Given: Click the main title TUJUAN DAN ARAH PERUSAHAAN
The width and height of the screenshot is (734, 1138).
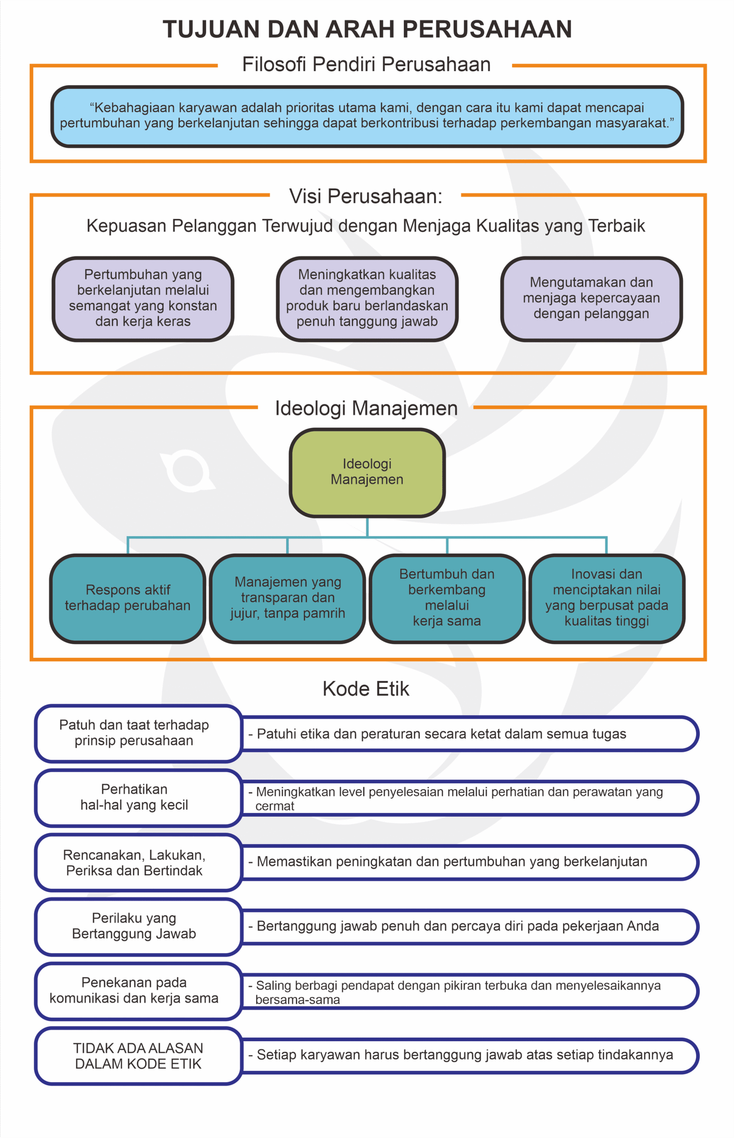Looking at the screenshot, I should click(367, 29).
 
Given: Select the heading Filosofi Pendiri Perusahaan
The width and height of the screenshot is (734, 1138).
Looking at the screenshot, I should click(366, 64).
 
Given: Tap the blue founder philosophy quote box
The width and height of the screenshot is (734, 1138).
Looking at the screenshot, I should click(367, 116).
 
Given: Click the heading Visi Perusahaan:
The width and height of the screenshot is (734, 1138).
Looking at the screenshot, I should click(366, 196).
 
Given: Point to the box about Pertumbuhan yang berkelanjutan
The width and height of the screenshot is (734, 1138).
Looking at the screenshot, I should click(143, 298).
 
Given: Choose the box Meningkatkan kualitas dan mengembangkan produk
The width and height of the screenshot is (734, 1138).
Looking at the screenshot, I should click(367, 298).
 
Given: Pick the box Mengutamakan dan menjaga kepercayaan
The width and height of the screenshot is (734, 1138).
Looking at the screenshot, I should click(591, 298).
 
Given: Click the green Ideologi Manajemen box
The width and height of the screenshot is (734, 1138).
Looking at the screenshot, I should click(367, 472).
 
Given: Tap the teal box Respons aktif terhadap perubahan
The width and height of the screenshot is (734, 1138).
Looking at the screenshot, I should click(128, 598).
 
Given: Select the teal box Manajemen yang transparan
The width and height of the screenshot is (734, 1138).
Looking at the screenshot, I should click(287, 598).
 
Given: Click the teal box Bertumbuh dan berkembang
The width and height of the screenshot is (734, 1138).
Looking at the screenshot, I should click(447, 598).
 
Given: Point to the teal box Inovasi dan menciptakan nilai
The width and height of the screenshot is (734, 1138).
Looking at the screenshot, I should click(607, 598).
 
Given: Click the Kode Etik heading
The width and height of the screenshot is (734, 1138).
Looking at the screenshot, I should click(366, 689).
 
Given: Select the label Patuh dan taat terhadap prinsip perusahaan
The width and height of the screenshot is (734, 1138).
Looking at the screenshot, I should click(134, 733).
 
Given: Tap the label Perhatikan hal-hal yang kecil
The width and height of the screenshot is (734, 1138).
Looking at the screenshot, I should click(134, 797).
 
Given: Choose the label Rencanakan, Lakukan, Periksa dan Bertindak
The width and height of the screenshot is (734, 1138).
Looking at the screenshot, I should click(134, 862).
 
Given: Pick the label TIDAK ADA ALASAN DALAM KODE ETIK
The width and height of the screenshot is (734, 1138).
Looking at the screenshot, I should click(138, 1055).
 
